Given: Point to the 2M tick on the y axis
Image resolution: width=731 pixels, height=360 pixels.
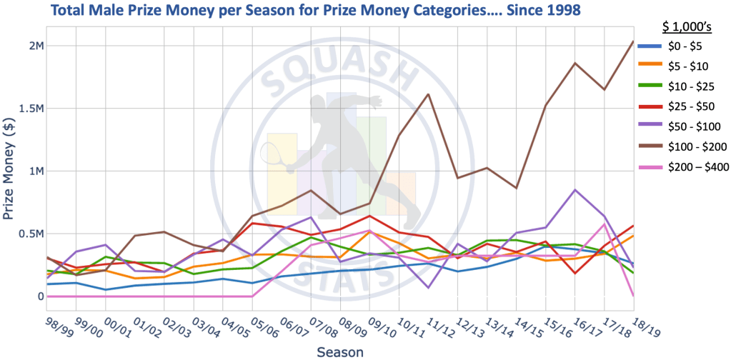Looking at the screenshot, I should [36, 46].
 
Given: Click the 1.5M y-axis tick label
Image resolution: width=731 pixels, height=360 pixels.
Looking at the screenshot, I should [31, 109].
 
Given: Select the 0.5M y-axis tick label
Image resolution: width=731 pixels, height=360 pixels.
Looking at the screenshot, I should [31, 234].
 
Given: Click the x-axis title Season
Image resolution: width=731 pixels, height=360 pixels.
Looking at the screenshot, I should [340, 351].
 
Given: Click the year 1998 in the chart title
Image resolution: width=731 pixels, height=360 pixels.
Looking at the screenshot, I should [557, 11].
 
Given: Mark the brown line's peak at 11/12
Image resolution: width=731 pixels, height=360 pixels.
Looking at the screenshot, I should [428, 94].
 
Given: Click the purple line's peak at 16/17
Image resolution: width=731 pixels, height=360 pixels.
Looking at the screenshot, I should [575, 189].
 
